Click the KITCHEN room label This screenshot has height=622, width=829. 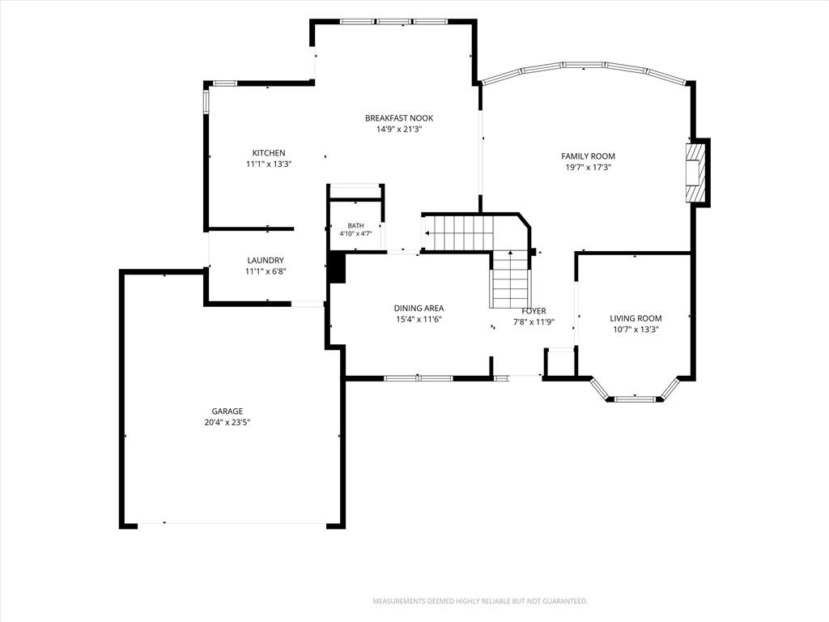pyautogui.click(x=269, y=153)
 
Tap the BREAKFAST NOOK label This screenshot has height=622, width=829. pyautogui.click(x=399, y=118)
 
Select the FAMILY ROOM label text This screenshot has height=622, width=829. pyautogui.click(x=588, y=156)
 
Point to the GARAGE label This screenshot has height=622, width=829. pyautogui.click(x=227, y=411)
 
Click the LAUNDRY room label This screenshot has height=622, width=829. pyautogui.click(x=266, y=260)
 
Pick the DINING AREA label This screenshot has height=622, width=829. pyautogui.click(x=419, y=308)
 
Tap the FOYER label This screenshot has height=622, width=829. pyautogui.click(x=534, y=311)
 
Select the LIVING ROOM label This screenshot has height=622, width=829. pyautogui.click(x=636, y=318)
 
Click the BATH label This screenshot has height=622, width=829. pyautogui.click(x=356, y=226)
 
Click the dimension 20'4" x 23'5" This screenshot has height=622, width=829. pyautogui.click(x=227, y=423)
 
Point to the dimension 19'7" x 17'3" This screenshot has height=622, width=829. pyautogui.click(x=588, y=168)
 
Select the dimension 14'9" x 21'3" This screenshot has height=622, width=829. pyautogui.click(x=399, y=130)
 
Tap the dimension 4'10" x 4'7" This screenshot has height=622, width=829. pyautogui.click(x=356, y=233)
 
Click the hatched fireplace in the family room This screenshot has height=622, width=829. pyautogui.click(x=695, y=173)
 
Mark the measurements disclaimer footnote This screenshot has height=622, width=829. pyautogui.click(x=480, y=602)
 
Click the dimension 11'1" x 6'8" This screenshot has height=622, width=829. pyautogui.click(x=266, y=272)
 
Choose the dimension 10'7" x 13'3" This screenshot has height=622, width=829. pyautogui.click(x=636, y=330)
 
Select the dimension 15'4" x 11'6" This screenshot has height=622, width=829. pyautogui.click(x=419, y=319)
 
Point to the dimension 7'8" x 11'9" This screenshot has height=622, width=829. pyautogui.click(x=534, y=322)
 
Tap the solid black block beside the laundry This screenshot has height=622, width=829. pyautogui.click(x=336, y=267)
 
